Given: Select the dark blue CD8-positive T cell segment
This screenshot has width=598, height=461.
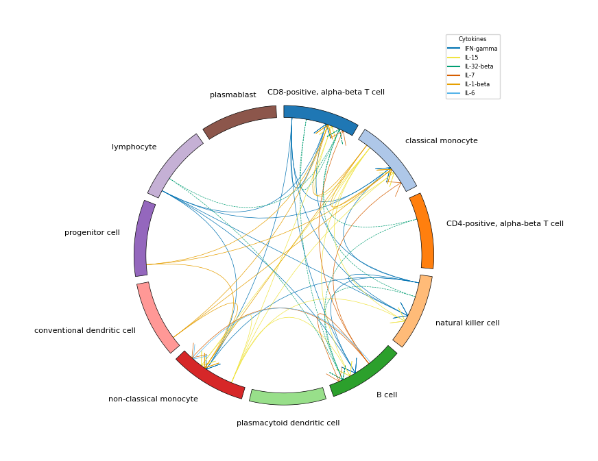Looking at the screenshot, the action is click(322, 117).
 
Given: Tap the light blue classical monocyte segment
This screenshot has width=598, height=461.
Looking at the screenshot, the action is click(389, 158).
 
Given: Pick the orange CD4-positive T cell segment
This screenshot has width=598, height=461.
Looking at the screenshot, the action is click(423, 230).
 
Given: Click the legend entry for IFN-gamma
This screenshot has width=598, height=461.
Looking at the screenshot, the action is click(472, 49).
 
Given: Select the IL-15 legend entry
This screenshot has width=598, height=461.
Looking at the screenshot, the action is click(463, 58).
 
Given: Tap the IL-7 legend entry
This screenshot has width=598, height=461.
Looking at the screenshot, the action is click(461, 75).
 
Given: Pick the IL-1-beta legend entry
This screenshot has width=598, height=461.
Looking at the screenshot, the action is click(468, 84).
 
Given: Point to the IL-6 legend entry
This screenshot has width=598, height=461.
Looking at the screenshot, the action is click(461, 93).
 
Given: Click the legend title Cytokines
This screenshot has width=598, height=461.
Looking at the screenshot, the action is click(473, 39).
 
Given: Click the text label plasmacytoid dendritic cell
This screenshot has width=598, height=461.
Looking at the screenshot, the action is click(288, 423).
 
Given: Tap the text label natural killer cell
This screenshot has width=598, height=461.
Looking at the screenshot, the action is click(468, 323).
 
